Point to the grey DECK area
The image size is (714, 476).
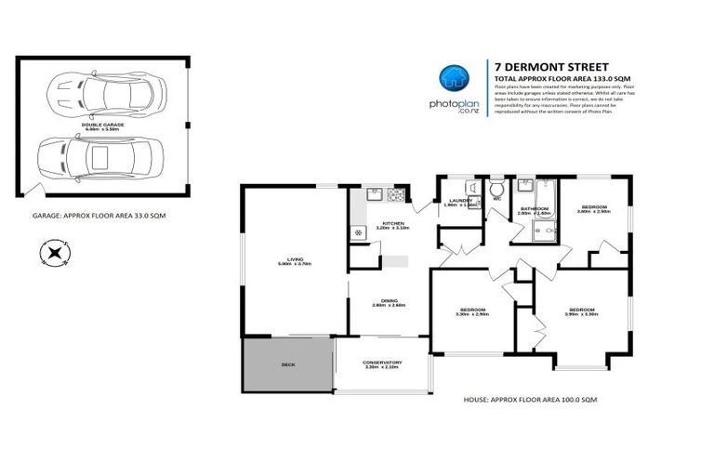click(288, 365)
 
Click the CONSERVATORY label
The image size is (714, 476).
click(382, 364)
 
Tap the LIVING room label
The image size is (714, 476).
click(295, 260)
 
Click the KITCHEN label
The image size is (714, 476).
click(390, 224)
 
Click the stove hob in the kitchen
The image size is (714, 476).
click(395, 195)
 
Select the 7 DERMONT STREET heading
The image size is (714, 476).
click(551, 67)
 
